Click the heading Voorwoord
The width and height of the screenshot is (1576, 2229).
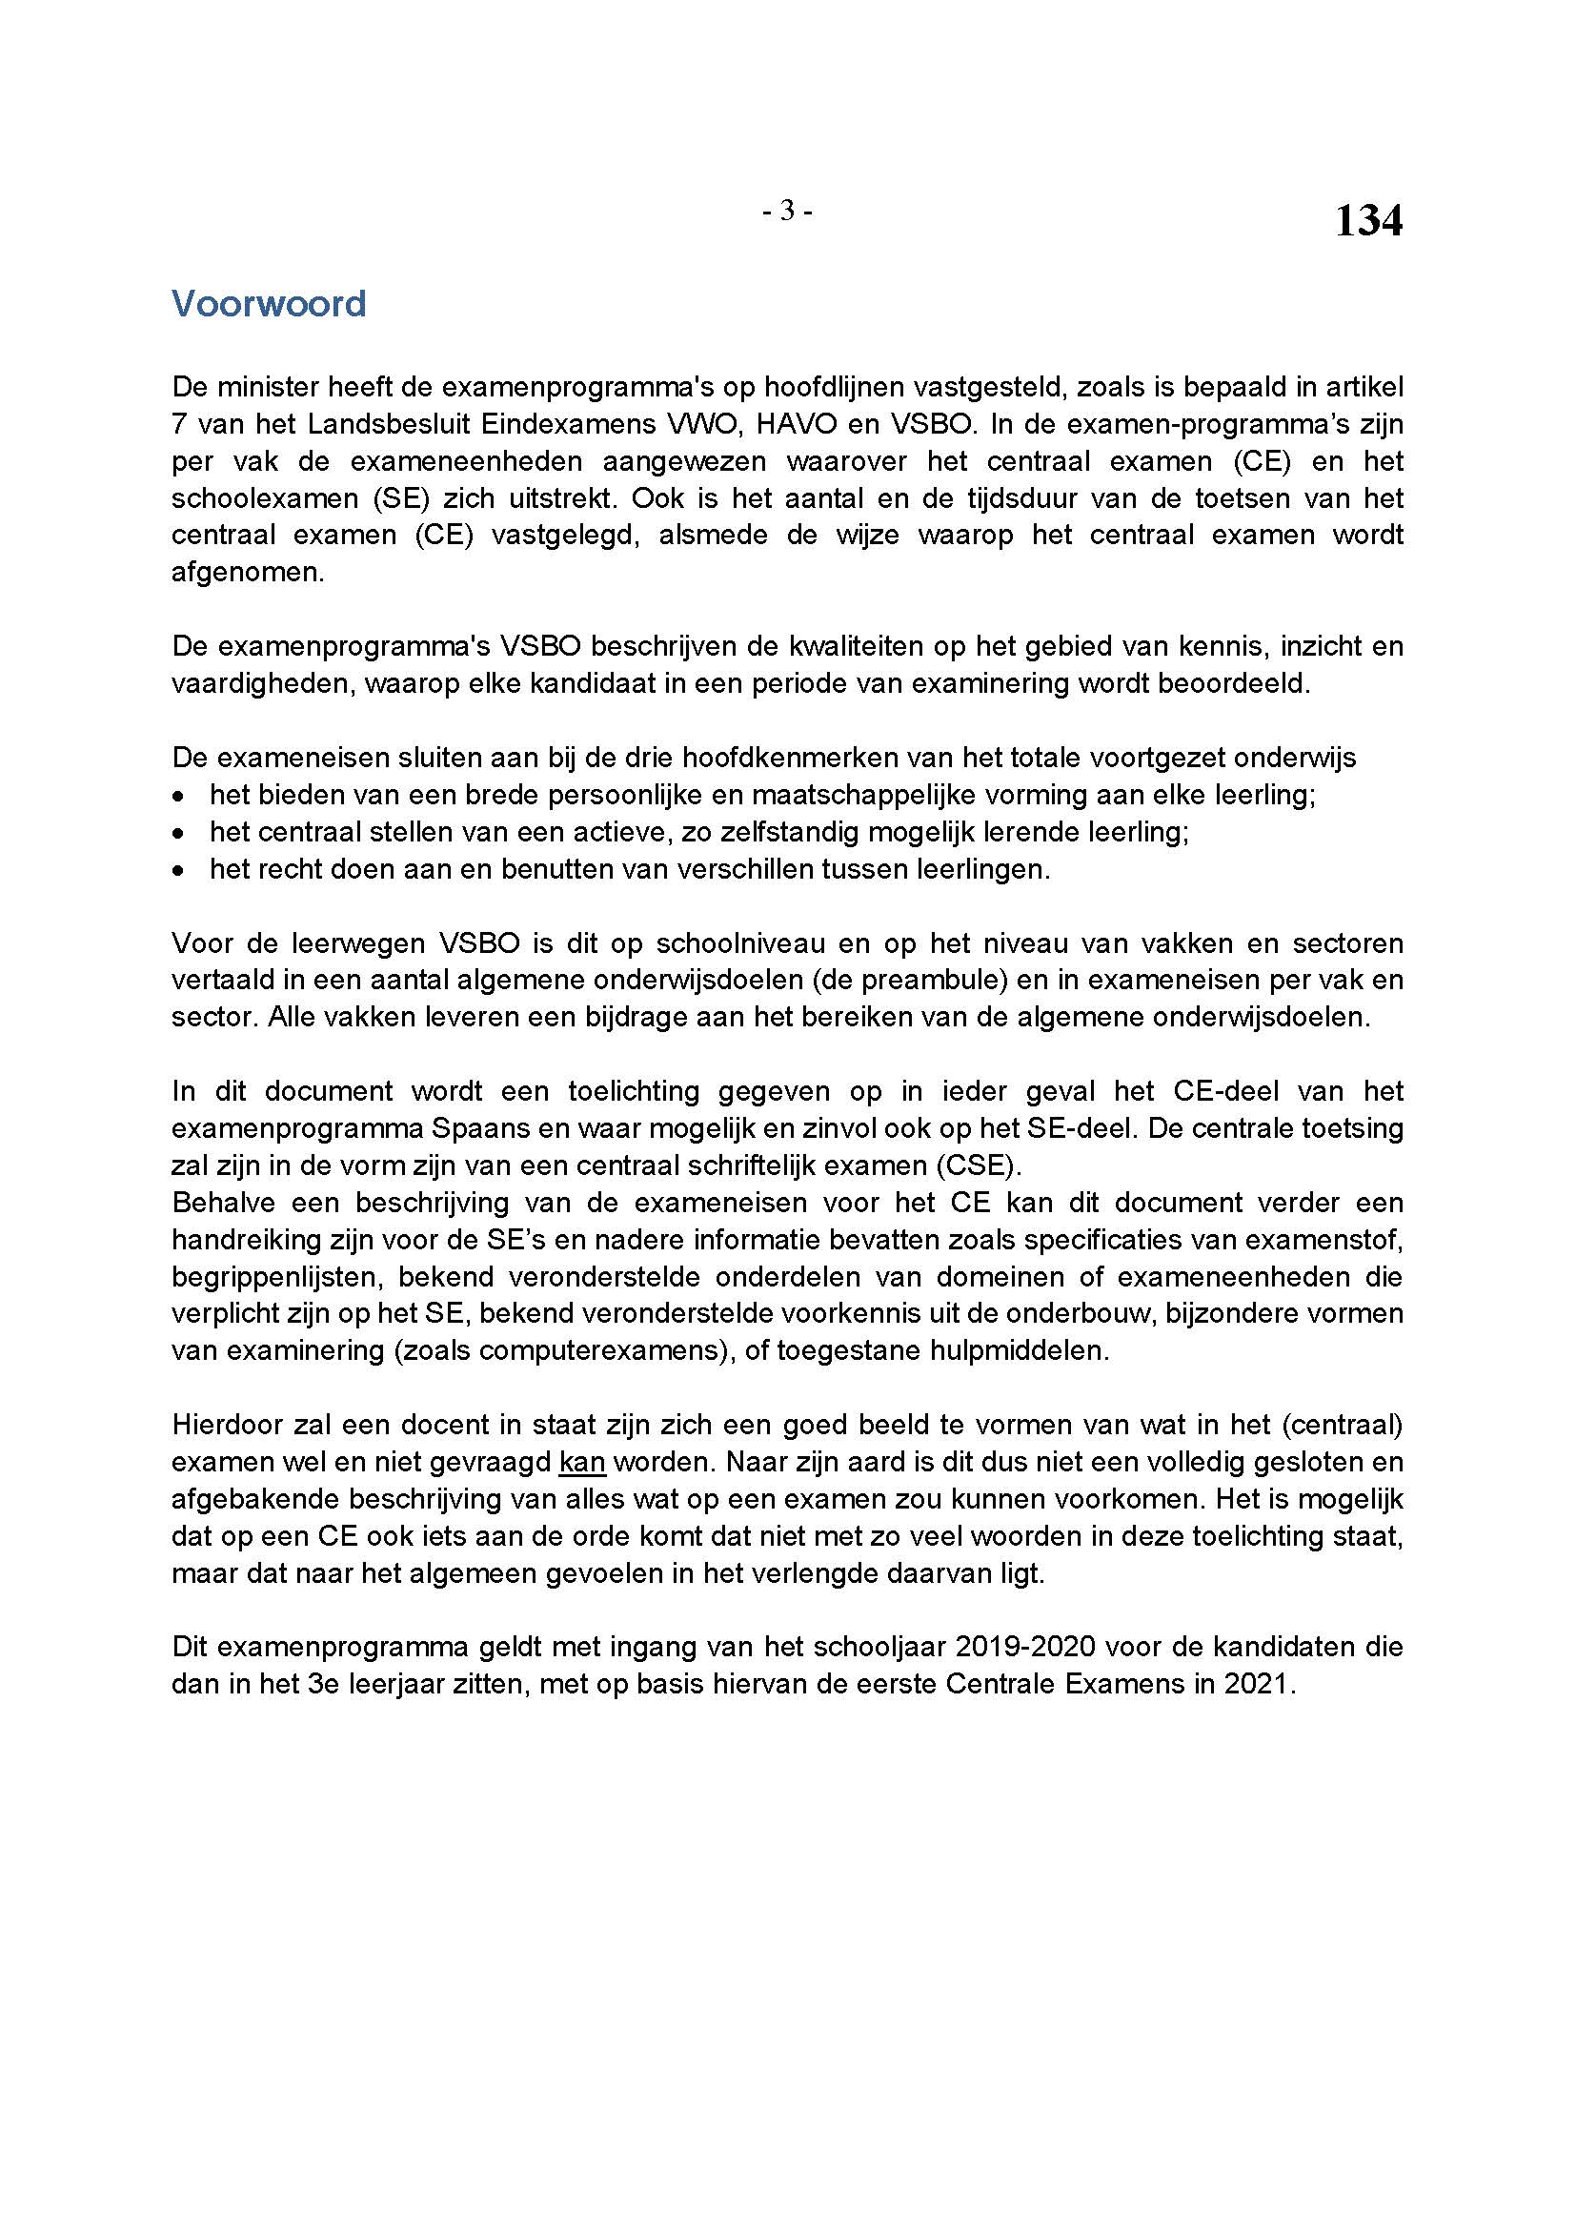coord(269,304)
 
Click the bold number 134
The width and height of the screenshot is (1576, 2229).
coord(1368,221)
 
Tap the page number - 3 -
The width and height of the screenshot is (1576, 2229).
coord(787,211)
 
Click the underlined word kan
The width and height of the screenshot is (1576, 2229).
coord(582,1462)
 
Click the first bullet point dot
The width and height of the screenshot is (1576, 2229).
coord(177,796)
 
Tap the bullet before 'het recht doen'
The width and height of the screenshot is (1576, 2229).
coord(177,870)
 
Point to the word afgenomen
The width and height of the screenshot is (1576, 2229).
coord(247,573)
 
